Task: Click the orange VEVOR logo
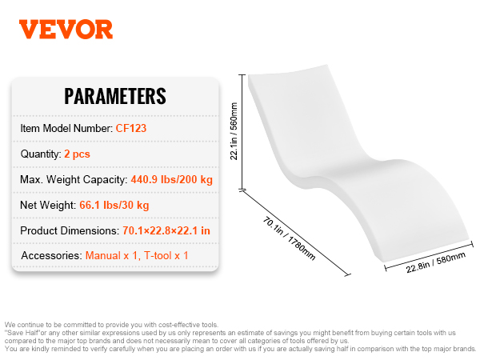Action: (x=66, y=30)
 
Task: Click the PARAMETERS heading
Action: (x=115, y=96)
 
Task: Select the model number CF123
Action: (x=131, y=128)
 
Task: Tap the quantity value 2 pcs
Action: (x=77, y=154)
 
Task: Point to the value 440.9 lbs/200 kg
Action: (x=172, y=179)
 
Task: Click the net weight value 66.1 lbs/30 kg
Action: (x=114, y=205)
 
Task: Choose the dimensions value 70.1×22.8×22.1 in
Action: (x=166, y=230)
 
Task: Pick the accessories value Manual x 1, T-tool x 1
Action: (x=137, y=256)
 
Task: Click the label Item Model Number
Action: (x=66, y=128)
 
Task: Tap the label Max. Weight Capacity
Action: (x=74, y=180)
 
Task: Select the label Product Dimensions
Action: (x=70, y=230)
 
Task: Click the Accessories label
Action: (x=51, y=256)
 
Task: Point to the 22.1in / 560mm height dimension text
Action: (x=234, y=131)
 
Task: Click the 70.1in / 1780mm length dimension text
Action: (x=289, y=238)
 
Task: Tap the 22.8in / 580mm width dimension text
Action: (x=436, y=262)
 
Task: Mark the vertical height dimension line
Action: (x=242, y=132)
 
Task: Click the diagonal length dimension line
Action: (x=295, y=233)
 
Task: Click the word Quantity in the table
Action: (x=41, y=154)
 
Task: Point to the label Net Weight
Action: (x=48, y=205)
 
